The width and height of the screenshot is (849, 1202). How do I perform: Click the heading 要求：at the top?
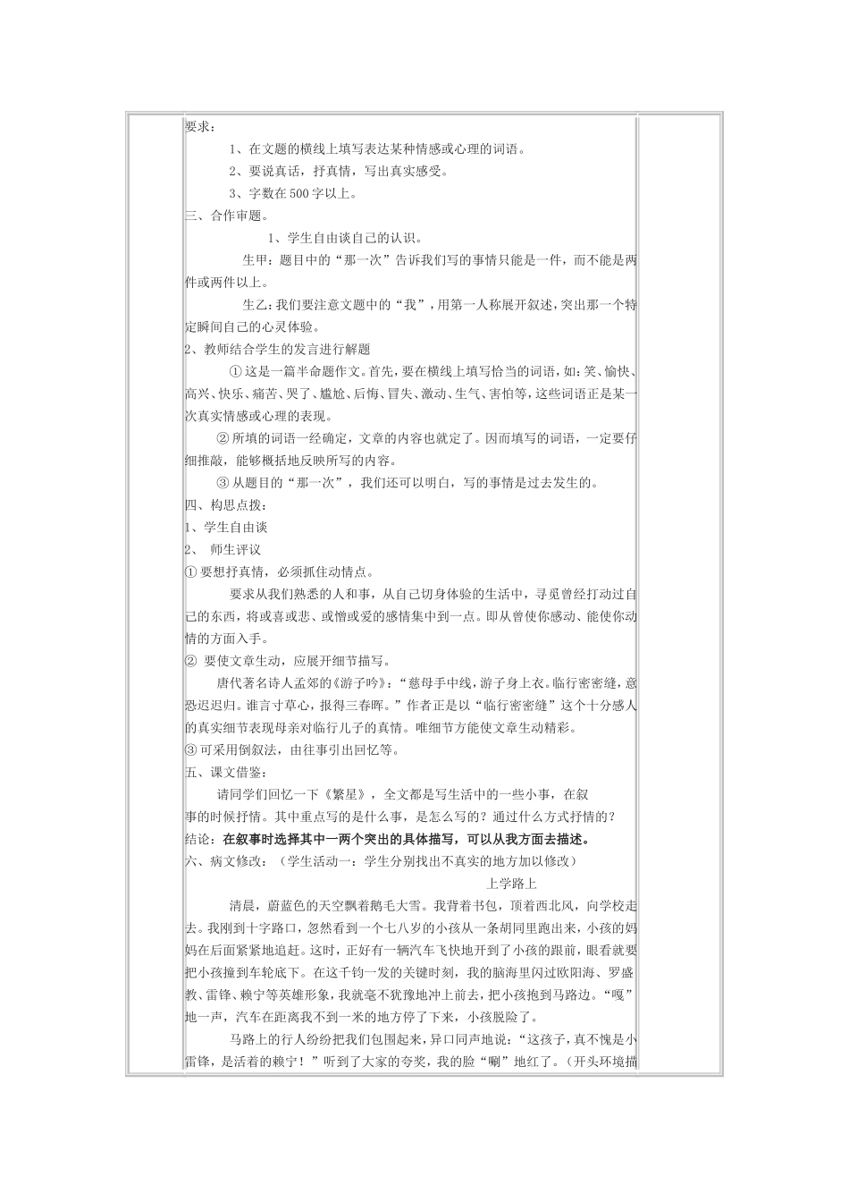(199, 127)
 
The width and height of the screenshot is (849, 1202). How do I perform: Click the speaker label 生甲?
(256, 260)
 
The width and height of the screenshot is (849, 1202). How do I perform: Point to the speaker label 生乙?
(256, 305)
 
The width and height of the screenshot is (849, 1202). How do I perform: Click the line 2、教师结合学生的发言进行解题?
(278, 350)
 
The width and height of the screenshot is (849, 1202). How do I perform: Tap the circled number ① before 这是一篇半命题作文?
(236, 372)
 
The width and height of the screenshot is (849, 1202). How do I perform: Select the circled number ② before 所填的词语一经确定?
(224, 439)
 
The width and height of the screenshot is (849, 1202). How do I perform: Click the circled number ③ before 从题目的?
(224, 484)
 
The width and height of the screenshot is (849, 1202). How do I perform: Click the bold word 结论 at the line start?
(199, 840)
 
